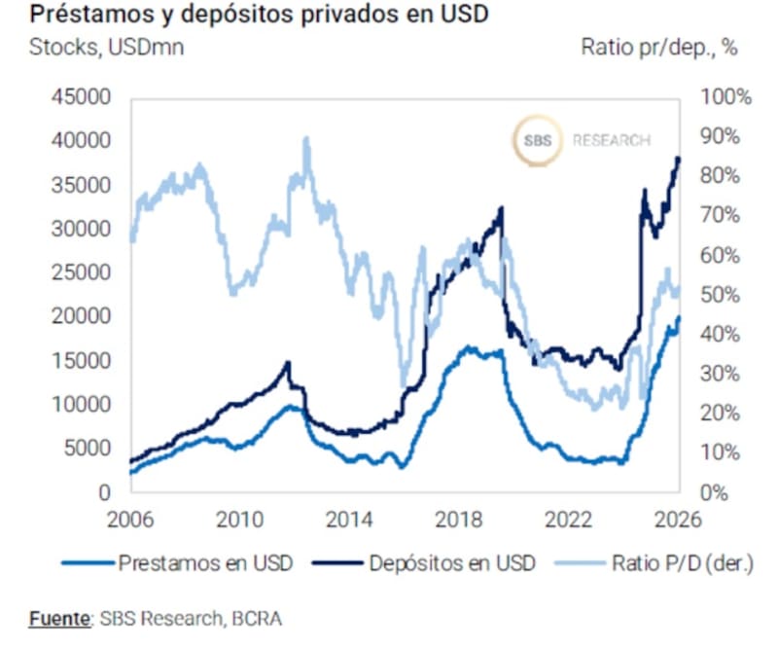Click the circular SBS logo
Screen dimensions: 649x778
point(537,141)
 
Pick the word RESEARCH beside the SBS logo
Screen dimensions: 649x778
point(611,141)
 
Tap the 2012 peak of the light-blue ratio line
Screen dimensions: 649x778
point(307,139)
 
